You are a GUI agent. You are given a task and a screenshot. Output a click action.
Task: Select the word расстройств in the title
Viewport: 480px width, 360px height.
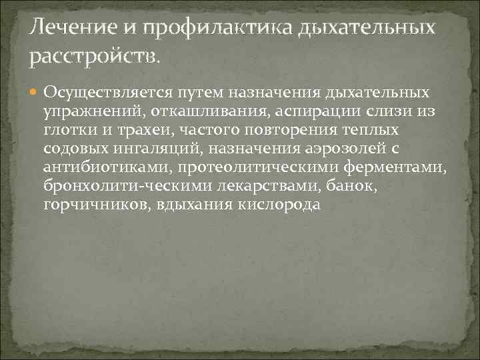(x=94, y=59)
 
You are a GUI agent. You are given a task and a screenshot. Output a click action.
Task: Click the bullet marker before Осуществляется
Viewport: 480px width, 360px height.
(x=35, y=91)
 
